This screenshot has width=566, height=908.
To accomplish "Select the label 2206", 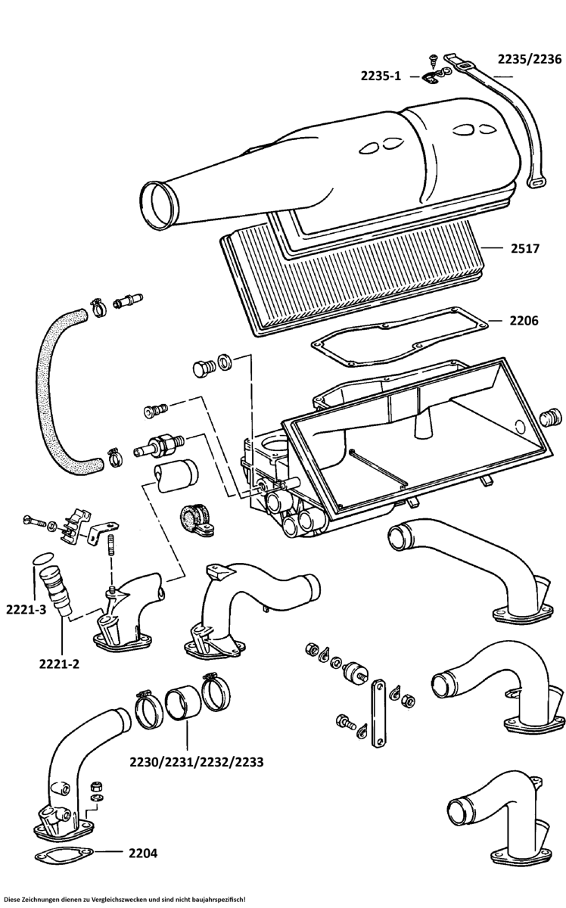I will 523,321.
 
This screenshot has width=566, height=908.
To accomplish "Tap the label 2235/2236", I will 529,58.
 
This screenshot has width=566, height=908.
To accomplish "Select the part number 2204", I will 142,853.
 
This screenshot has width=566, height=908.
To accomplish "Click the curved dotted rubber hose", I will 58,393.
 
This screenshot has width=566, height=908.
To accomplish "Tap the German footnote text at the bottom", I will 125,899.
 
